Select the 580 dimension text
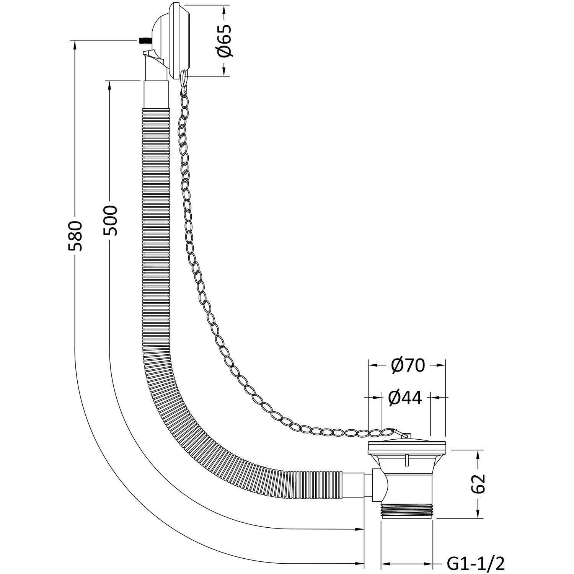tap(75, 236)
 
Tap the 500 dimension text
tap(110, 221)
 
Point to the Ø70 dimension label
tap(408, 366)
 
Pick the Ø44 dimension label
tap(405, 398)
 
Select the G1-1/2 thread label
tap(476, 563)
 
